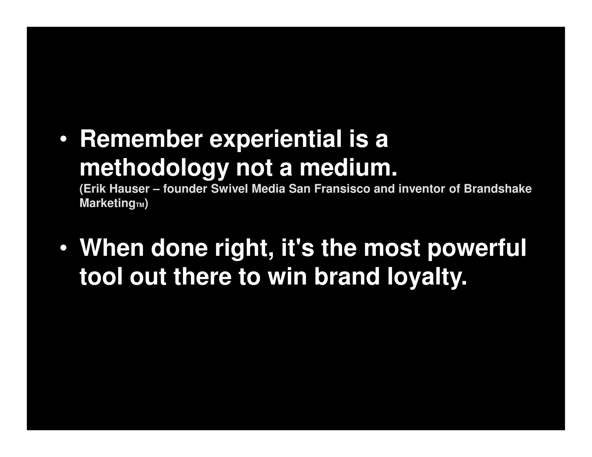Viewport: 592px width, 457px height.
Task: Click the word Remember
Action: tap(141, 139)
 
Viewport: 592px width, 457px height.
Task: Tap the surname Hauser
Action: tap(129, 189)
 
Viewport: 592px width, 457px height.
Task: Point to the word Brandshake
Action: tap(497, 189)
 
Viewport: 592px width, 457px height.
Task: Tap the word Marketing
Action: tap(107, 203)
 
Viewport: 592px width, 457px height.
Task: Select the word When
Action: tap(112, 248)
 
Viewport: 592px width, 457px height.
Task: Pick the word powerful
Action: tap(477, 248)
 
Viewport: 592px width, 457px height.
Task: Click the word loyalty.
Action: tap(427, 277)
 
